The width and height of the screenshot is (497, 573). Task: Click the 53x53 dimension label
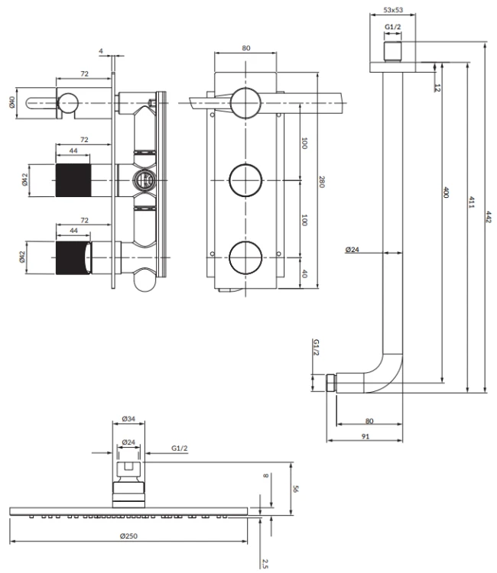393,10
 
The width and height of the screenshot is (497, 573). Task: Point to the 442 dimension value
489,216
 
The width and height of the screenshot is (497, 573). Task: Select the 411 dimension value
472,202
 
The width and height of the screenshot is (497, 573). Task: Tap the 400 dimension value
446,193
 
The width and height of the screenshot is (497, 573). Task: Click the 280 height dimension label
321,182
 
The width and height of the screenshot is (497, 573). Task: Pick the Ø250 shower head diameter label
128,536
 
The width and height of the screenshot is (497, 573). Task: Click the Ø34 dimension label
128,419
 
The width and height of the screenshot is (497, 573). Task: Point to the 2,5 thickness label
265,563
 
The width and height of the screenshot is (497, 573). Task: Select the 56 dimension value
295,489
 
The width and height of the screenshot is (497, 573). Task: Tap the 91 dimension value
365,436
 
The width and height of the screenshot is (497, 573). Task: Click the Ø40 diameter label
11,102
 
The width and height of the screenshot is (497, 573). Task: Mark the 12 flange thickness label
437,88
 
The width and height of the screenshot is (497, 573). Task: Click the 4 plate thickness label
101,51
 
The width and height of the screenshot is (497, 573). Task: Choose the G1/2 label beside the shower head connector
179,448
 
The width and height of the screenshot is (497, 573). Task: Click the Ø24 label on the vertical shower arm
352,250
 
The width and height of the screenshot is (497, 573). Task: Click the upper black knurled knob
73,180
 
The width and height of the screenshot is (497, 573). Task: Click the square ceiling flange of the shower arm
393,67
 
